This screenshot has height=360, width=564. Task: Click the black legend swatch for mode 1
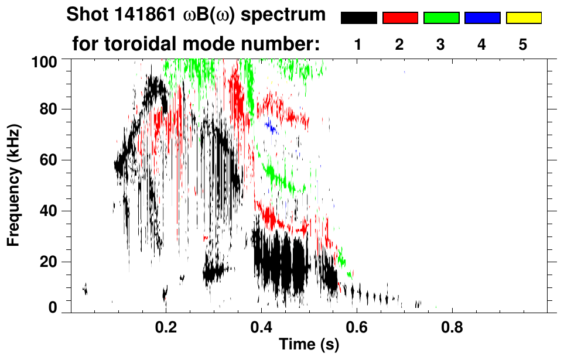tap(359, 18)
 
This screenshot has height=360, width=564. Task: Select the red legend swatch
tap(401, 18)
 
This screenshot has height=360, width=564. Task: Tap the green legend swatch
tap(442, 18)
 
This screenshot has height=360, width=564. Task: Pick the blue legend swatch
tap(483, 18)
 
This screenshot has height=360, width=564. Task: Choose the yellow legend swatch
tap(524, 18)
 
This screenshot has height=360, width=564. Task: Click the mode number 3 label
tap(440, 44)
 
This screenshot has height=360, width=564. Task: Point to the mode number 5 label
tap(522, 44)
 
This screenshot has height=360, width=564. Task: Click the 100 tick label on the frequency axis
tap(45, 62)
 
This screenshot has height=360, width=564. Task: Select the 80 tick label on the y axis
tap(48, 109)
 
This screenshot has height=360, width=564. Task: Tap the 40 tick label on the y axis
tap(48, 211)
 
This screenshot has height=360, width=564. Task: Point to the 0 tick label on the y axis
tap(53, 307)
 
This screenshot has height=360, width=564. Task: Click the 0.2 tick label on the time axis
tap(166, 328)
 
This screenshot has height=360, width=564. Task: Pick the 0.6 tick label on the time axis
tap(357, 328)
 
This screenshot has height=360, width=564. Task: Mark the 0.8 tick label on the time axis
tap(452, 328)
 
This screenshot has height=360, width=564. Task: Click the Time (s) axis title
tap(309, 344)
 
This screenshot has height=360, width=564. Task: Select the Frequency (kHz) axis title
tap(13, 186)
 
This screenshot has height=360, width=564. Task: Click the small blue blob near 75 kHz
tap(271, 126)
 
